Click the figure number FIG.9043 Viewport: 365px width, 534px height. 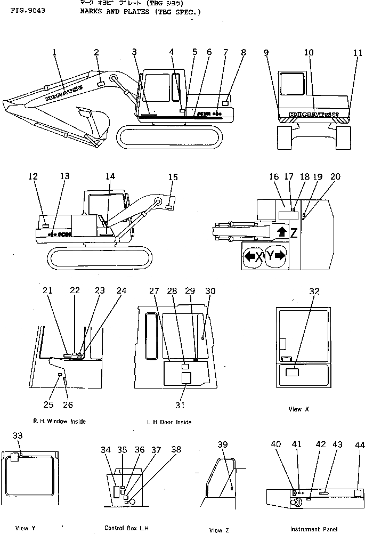(25, 10)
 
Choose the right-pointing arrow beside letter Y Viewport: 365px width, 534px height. (280, 256)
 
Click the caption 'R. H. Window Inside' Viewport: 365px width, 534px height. (59, 421)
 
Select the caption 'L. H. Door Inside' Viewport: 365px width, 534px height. (169, 422)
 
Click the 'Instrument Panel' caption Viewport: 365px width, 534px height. (314, 529)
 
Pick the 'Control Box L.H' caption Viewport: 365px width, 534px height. (125, 528)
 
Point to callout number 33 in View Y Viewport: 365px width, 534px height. (18, 435)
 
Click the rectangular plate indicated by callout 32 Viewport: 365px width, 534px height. (294, 373)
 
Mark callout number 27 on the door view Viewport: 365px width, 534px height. (154, 291)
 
